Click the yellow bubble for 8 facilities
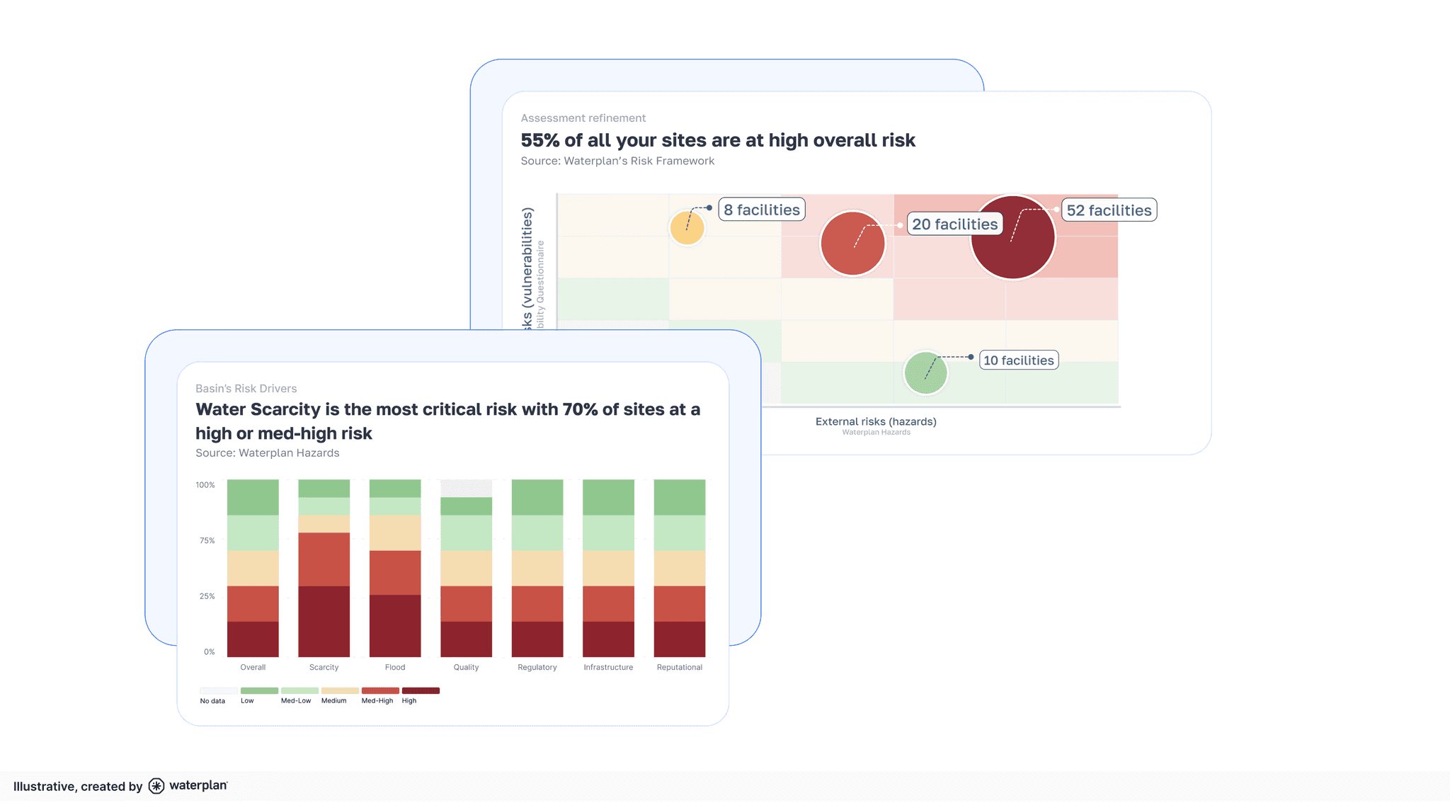687,227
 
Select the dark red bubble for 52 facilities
1012,238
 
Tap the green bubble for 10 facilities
925,372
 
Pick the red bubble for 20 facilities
852,244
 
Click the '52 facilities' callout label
1109,210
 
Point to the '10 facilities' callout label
1018,360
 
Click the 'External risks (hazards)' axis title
876,421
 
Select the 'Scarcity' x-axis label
324,667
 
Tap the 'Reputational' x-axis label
679,667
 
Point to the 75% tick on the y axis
207,540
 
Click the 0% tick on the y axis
209,651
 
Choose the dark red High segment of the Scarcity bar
324,621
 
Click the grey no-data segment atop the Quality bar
466,488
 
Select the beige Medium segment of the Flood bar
395,533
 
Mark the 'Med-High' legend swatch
380,690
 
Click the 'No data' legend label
212,701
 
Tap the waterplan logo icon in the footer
156,786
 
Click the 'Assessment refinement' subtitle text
583,118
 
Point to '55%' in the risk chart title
540,140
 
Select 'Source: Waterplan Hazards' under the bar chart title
267,453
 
